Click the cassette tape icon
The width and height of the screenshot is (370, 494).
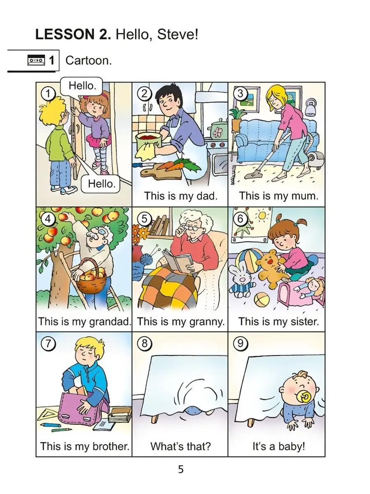pos(36,60)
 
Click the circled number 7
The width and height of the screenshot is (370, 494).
pos(48,344)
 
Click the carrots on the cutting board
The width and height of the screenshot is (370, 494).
pos(178,165)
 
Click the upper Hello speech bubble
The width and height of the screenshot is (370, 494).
pos(82,86)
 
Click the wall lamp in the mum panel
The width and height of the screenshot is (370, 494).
pos(311,107)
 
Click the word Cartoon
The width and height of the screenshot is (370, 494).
pos(88,61)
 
